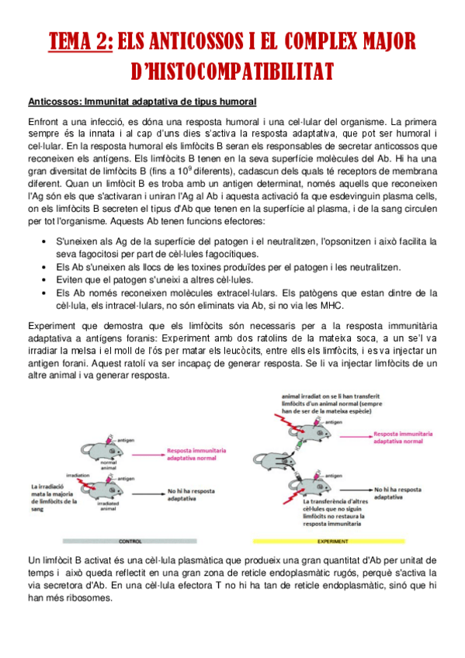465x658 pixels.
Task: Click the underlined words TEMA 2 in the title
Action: [x=81, y=40]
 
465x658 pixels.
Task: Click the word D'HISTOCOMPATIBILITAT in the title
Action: [x=233, y=71]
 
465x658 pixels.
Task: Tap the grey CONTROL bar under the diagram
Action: [x=130, y=541]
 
